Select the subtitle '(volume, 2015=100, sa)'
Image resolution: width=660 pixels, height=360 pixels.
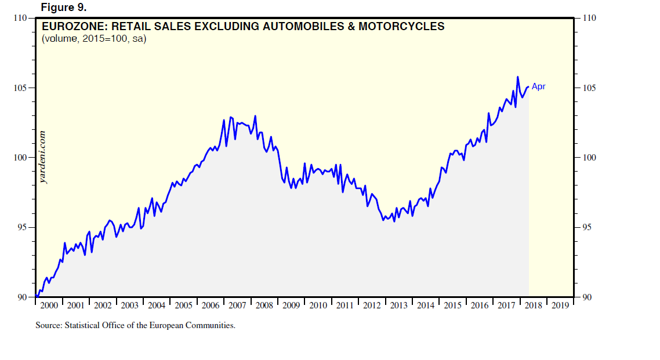tap(93, 39)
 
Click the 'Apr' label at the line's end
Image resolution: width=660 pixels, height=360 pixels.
tap(538, 87)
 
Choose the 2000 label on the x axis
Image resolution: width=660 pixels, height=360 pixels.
tap(49, 306)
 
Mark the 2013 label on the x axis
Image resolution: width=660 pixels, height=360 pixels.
tap(399, 306)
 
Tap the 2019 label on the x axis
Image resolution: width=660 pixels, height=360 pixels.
tap(560, 306)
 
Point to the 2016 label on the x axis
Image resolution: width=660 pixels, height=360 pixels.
tap(480, 306)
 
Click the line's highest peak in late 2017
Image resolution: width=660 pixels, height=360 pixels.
tap(517, 77)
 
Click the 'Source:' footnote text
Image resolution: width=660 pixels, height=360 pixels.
tap(135, 325)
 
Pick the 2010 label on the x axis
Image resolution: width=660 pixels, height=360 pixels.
tap(318, 306)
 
